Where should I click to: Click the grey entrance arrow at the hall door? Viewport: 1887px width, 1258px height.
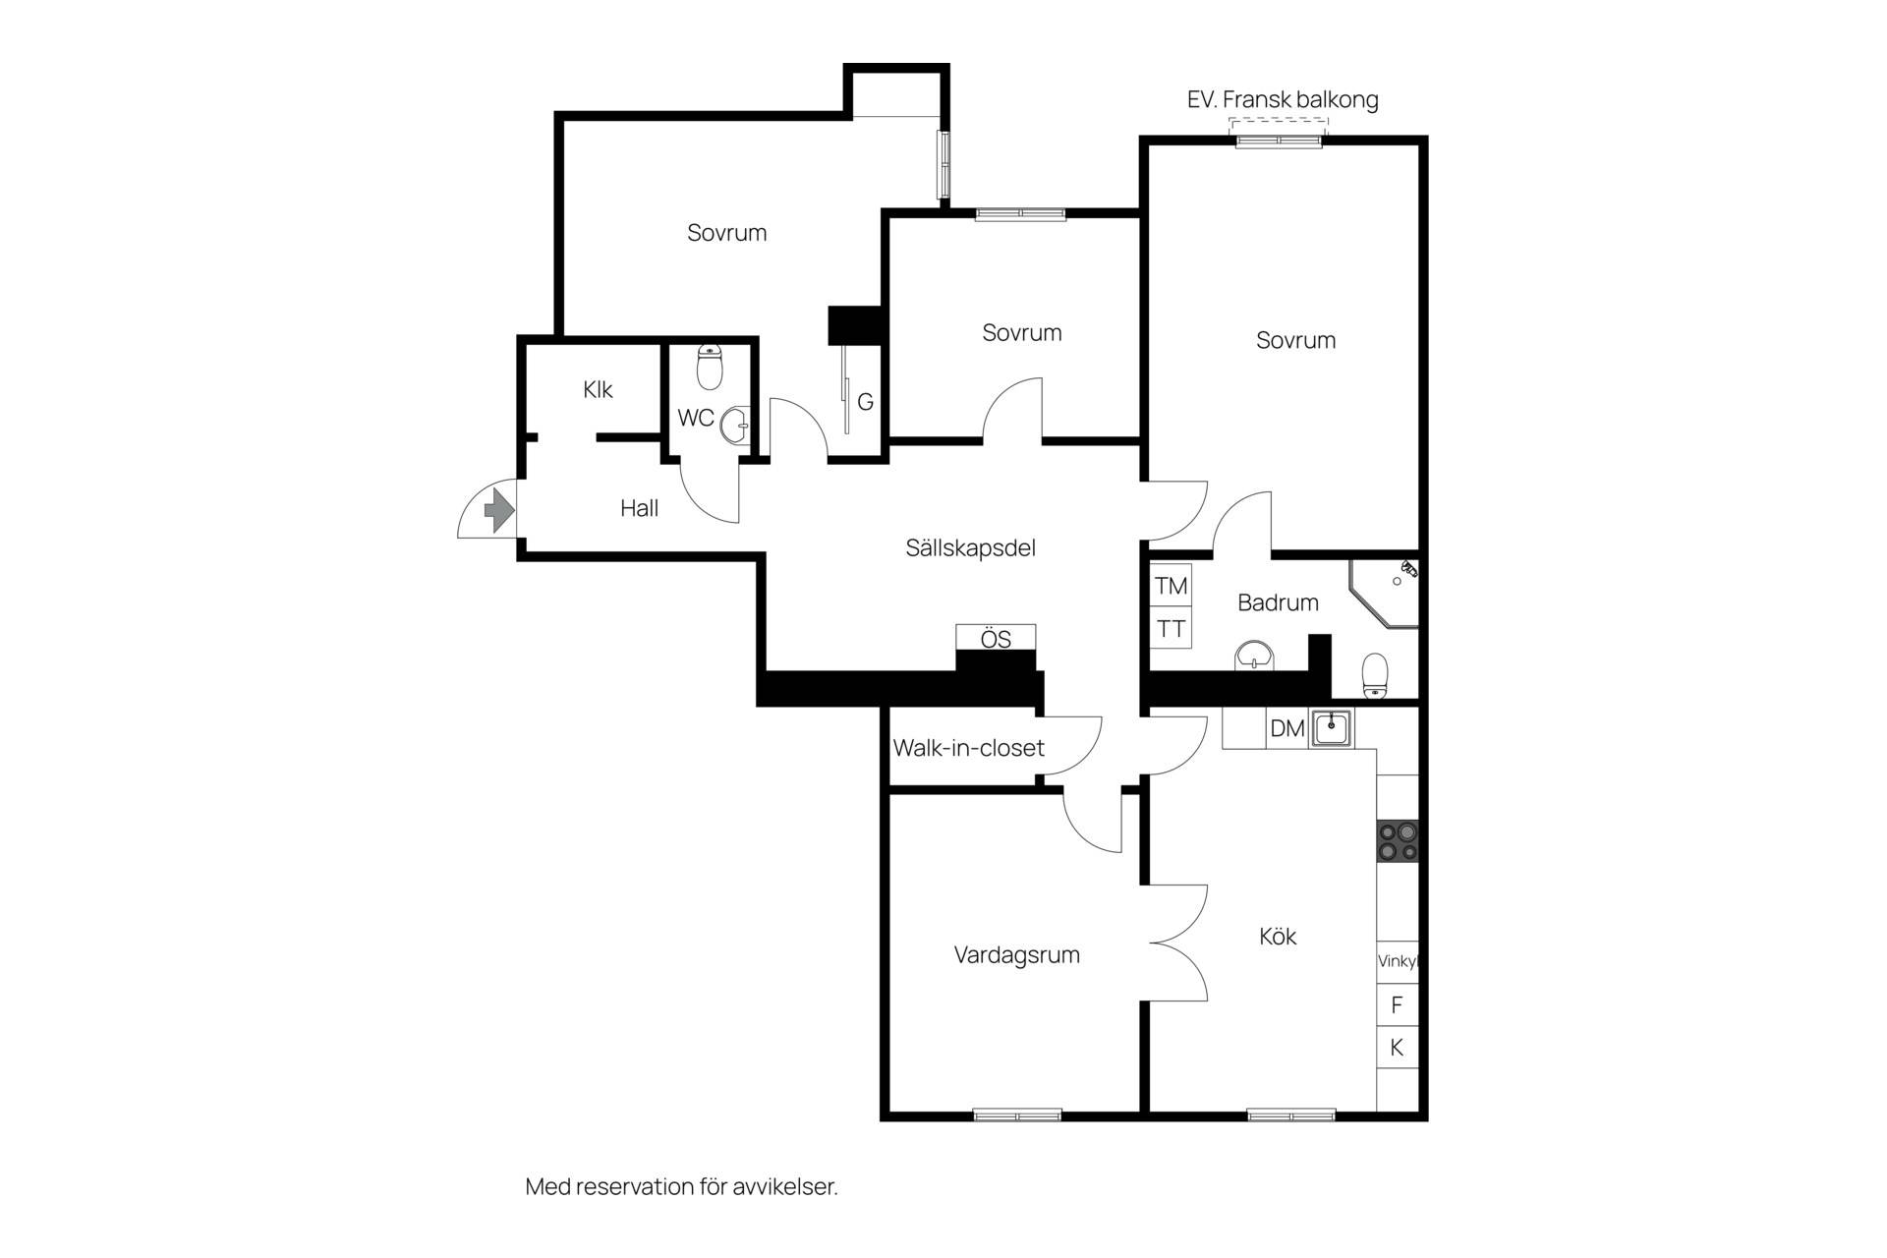pyautogui.click(x=499, y=509)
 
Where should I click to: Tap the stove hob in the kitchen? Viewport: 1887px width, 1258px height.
pyautogui.click(x=1398, y=841)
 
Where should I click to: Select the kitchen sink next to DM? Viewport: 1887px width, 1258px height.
pyautogui.click(x=1332, y=728)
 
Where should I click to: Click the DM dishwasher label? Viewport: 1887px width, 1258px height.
pyautogui.click(x=1287, y=728)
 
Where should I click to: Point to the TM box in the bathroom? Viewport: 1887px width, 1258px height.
pyautogui.click(x=1172, y=586)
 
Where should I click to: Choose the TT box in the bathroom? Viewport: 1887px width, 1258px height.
pyautogui.click(x=1172, y=628)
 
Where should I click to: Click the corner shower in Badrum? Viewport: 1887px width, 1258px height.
pyautogui.click(x=1385, y=594)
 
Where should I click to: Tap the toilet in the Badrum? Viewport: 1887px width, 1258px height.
pyautogui.click(x=1375, y=676)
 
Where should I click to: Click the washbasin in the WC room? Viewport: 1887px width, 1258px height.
pyautogui.click(x=735, y=427)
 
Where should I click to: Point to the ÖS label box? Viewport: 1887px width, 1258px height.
pyautogui.click(x=996, y=638)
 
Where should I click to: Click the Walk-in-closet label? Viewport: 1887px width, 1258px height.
pyautogui.click(x=968, y=748)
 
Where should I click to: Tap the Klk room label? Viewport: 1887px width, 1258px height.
pyautogui.click(x=598, y=390)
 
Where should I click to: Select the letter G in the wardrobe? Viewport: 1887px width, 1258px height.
pyautogui.click(x=865, y=402)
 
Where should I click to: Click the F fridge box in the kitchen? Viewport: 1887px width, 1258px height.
pyautogui.click(x=1397, y=1005)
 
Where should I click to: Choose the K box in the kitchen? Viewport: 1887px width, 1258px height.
pyautogui.click(x=1397, y=1048)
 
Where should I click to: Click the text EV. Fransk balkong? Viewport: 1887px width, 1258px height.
pyautogui.click(x=1283, y=99)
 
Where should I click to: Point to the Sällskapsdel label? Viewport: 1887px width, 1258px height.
pyautogui.click(x=970, y=548)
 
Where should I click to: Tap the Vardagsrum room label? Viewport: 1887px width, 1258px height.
pyautogui.click(x=1016, y=955)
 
